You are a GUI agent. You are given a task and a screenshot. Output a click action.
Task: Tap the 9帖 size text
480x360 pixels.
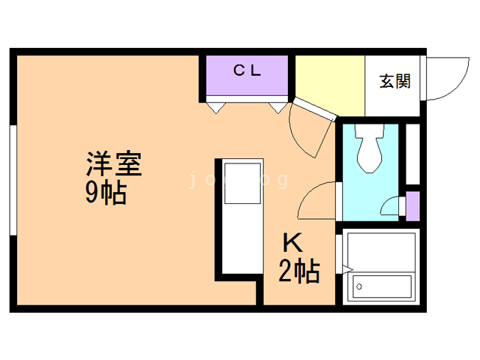tap(105, 193)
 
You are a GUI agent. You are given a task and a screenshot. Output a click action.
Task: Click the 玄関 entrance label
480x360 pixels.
tap(394, 81)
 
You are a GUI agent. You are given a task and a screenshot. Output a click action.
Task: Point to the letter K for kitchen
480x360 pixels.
tap(291, 244)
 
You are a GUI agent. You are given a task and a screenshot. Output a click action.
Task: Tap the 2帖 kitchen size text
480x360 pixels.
tap(299, 270)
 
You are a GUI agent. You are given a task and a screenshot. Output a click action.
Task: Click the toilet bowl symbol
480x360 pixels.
tap(369, 150)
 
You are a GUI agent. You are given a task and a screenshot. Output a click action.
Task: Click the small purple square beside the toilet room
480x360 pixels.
tap(412, 204)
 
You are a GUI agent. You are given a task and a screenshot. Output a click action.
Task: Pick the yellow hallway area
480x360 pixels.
tap(329, 84)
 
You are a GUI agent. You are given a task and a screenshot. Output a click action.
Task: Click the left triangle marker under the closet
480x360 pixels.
tap(215, 108)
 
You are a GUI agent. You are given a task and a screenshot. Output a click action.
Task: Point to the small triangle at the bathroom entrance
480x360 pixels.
tap(346, 267)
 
